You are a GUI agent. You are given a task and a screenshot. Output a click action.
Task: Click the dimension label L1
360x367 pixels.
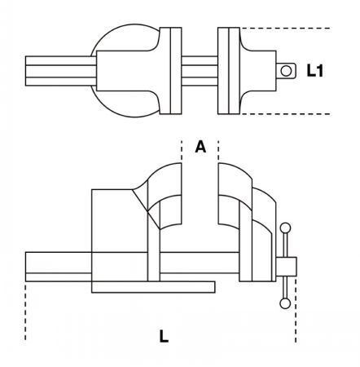[x=314, y=70]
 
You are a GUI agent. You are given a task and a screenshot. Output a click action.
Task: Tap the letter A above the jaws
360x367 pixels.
[x=200, y=147]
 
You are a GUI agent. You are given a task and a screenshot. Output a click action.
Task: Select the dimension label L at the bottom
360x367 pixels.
[x=164, y=336]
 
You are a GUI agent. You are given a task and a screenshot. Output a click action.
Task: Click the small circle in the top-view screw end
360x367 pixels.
[x=286, y=71]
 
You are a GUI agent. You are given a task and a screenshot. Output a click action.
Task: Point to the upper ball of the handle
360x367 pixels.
[x=285, y=228]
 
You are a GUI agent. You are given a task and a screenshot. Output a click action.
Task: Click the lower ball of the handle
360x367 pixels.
[x=285, y=303]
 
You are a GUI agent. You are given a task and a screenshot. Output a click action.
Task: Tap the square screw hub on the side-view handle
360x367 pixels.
[x=286, y=267]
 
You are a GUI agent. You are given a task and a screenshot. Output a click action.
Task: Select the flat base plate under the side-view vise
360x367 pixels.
[x=153, y=287]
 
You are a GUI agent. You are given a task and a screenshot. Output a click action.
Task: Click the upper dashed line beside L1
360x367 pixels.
[x=285, y=28]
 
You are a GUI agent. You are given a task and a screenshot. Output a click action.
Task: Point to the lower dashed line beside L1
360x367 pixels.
[x=285, y=114]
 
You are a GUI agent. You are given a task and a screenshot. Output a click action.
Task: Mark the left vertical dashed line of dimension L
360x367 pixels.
[x=25, y=312]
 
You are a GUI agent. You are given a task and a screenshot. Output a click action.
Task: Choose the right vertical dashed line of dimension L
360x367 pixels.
[x=296, y=310]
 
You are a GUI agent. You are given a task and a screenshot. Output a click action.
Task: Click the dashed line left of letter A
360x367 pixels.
[x=182, y=151]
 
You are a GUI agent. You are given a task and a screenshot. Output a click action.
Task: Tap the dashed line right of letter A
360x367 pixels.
[x=218, y=151]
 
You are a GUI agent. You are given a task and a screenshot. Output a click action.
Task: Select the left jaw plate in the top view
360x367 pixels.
[x=170, y=71]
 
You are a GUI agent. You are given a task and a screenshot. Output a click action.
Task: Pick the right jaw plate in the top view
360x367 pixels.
[x=229, y=71]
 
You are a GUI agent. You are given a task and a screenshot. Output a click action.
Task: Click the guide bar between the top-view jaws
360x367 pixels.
[x=200, y=71]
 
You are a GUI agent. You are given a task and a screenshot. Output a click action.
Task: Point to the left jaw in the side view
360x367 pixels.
[x=165, y=196]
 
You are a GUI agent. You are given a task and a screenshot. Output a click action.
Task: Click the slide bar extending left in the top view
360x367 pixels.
[x=61, y=71]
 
